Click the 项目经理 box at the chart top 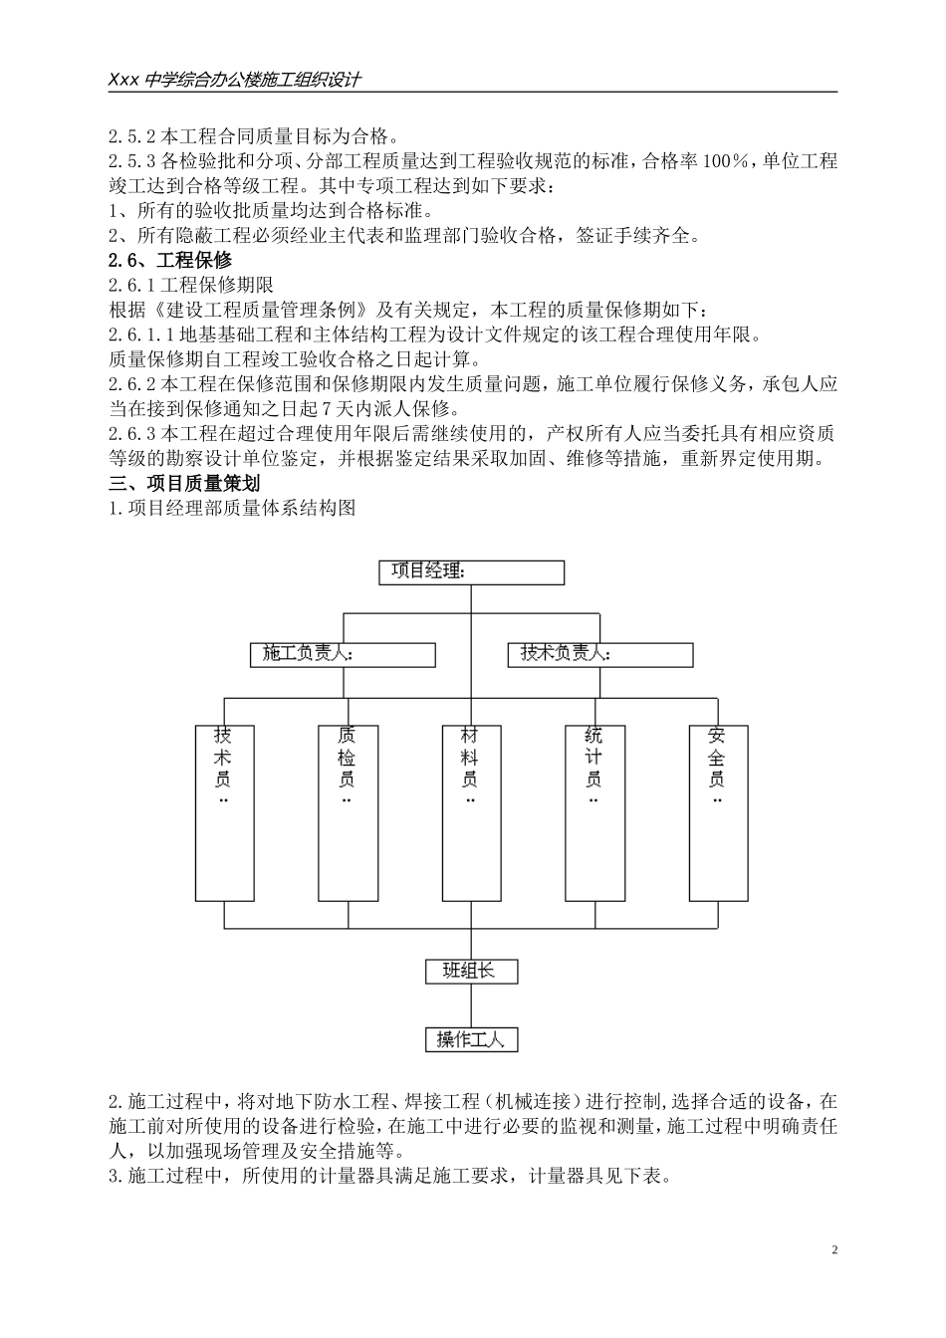coord(471,572)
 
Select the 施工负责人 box coord(343,654)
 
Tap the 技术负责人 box coord(600,654)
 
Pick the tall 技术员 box coord(224,812)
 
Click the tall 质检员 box coord(348,812)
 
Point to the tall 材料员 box coord(471,812)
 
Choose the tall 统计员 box coord(594,812)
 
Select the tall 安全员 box coord(718,812)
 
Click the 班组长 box coord(471,971)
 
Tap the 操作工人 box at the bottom coord(471,1039)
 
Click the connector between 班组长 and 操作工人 coord(471,1005)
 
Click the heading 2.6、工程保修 coord(170,261)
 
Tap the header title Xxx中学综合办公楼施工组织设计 coord(234,81)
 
